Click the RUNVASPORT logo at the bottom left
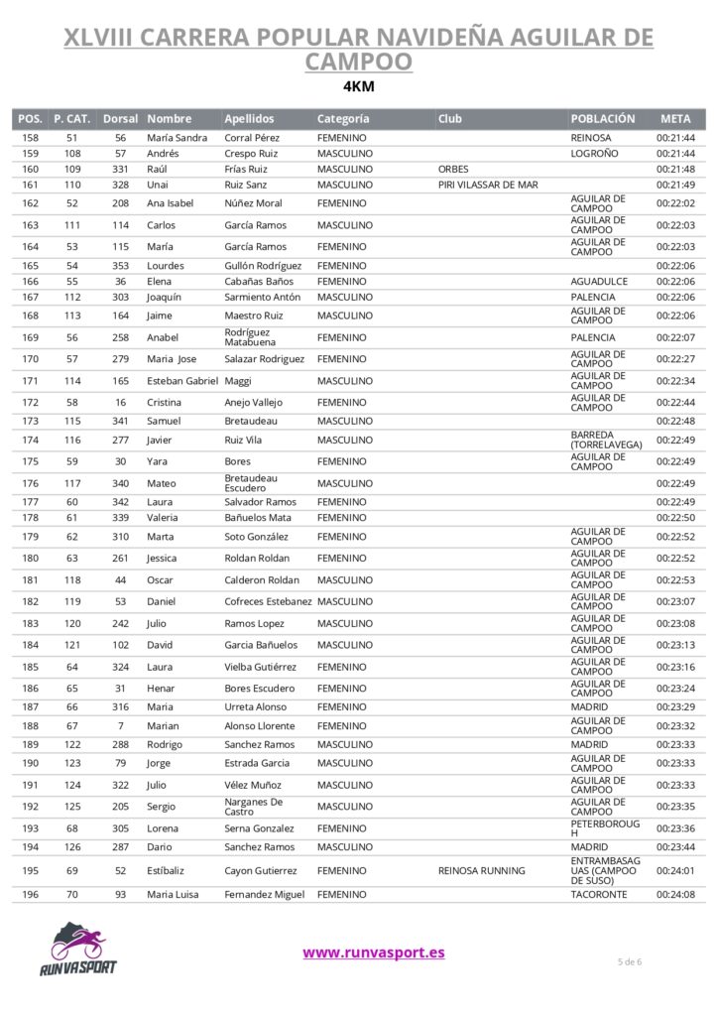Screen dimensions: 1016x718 (x=78, y=950)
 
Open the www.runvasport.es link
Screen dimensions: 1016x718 (x=373, y=952)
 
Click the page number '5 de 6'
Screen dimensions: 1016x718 (x=630, y=961)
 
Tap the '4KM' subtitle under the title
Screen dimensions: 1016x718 (x=358, y=85)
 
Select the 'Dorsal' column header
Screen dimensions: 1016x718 (x=120, y=119)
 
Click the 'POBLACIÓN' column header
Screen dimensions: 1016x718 (x=603, y=119)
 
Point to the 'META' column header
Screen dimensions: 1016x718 (x=674, y=119)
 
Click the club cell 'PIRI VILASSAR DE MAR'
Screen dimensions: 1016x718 (x=488, y=185)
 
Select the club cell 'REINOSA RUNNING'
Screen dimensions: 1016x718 (x=482, y=871)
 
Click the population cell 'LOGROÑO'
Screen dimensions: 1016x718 (x=594, y=154)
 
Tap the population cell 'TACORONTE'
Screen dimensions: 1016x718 (x=599, y=895)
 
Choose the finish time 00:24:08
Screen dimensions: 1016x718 (x=675, y=895)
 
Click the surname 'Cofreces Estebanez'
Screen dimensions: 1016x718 (x=268, y=602)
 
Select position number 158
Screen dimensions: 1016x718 (x=30, y=138)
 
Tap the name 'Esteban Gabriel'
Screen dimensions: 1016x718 (x=182, y=381)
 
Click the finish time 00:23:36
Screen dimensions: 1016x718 (x=675, y=828)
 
